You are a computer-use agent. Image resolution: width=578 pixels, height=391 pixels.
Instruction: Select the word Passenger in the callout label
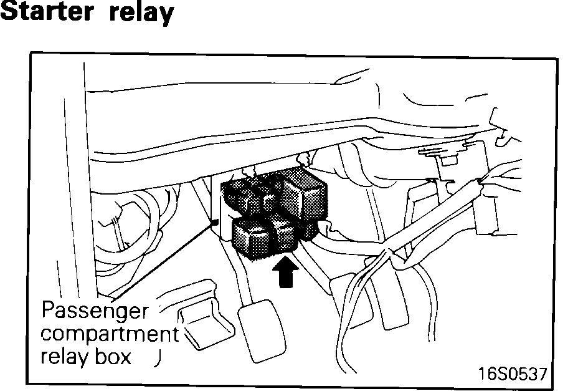pos(95,311)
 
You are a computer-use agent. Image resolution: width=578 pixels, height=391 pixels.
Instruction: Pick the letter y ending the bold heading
pos(164,15)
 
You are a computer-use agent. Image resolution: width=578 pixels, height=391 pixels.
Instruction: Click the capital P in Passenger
pos(47,311)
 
